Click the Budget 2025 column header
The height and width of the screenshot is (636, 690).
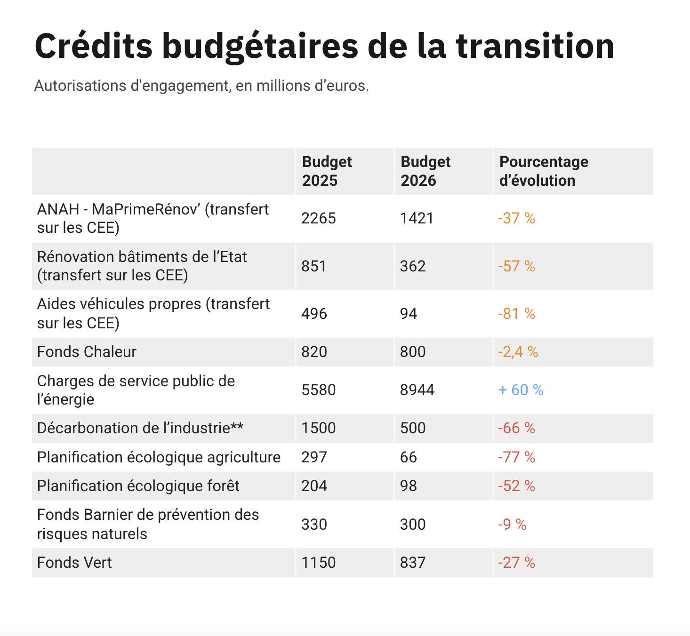click(327, 171)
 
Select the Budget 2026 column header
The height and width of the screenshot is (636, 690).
click(425, 171)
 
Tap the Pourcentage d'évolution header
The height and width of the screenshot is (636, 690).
click(544, 171)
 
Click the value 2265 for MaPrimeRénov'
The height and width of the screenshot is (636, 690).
click(319, 218)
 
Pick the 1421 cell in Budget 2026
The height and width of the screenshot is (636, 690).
click(417, 218)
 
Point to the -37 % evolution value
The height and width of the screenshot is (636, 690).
click(516, 218)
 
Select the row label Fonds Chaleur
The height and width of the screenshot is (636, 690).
click(87, 352)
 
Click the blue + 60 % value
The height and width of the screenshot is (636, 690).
click(521, 390)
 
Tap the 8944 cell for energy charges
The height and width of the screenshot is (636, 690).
click(417, 390)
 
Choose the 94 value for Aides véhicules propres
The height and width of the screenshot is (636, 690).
click(409, 314)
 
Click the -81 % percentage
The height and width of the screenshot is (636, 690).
click(516, 314)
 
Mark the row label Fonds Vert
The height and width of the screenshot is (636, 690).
click(74, 563)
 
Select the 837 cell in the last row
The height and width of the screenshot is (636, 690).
click(413, 563)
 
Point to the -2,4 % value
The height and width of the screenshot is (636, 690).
click(518, 352)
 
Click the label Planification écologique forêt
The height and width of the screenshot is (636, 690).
click(138, 486)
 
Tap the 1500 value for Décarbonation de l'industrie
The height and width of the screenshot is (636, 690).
click(319, 428)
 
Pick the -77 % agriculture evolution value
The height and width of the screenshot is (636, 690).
click(516, 457)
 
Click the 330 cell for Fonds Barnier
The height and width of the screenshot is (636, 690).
click(314, 525)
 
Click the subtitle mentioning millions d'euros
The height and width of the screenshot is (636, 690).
click(201, 86)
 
